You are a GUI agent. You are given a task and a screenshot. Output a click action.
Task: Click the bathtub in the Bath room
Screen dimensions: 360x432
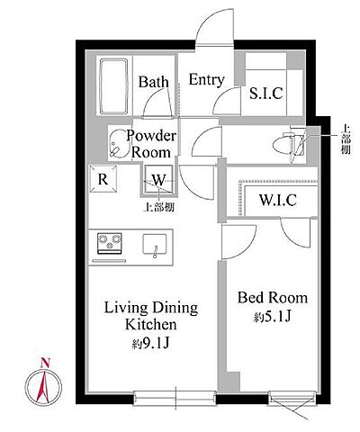114,86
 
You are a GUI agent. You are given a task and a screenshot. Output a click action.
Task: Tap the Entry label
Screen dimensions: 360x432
206,79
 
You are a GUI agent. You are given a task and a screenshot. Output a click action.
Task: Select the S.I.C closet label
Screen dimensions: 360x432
266,93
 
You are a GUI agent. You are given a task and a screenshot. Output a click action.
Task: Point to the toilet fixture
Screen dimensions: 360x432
289,145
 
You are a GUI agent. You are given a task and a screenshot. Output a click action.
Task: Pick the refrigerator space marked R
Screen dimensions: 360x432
103,179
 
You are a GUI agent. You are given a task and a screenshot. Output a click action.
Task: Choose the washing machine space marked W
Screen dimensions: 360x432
158,180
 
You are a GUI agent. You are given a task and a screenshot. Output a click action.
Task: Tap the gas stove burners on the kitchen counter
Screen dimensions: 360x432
110,243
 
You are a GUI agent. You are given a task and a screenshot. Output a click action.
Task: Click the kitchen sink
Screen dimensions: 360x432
155,244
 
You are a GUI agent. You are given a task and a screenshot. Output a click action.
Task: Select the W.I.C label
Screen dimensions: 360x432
278,200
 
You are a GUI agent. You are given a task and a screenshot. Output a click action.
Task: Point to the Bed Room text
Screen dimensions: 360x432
273,298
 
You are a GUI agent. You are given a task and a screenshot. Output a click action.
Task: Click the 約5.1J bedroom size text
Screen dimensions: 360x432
273,317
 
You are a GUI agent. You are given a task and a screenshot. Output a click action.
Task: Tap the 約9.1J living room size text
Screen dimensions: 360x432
151,343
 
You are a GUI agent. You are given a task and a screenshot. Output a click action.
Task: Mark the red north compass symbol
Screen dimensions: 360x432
43,386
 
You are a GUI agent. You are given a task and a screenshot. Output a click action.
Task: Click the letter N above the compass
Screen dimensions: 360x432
45,363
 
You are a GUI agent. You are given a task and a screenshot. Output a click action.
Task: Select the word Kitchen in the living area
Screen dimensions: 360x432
150,324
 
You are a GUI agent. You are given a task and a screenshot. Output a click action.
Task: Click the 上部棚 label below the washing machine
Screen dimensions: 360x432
159,207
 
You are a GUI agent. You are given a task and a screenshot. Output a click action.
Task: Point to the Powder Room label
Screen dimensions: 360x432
151,144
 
